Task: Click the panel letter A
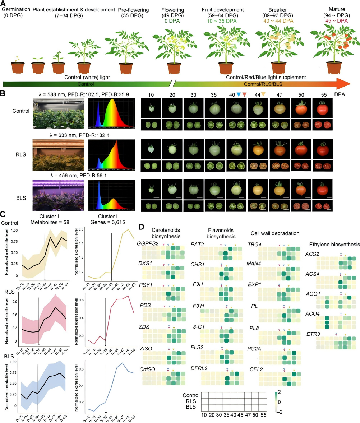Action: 4,4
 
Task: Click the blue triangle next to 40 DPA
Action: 238,94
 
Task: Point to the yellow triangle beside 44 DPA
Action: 263,94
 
